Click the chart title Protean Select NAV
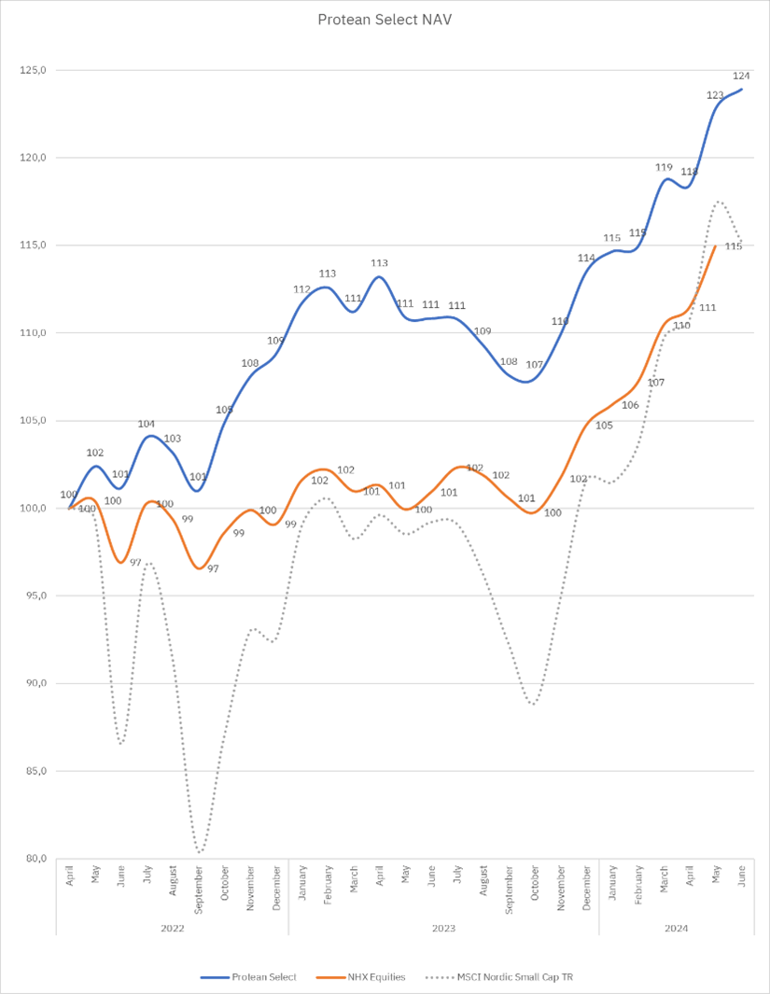[x=385, y=19]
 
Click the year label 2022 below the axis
[x=173, y=929]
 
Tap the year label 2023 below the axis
[x=444, y=929]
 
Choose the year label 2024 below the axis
[x=678, y=929]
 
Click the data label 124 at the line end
[x=742, y=76]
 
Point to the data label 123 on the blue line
[x=715, y=95]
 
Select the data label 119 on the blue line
[x=664, y=168]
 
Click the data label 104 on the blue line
[x=147, y=424]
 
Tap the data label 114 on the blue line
[x=586, y=258]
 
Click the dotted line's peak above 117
[x=718, y=201]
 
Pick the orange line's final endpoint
[x=716, y=245]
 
